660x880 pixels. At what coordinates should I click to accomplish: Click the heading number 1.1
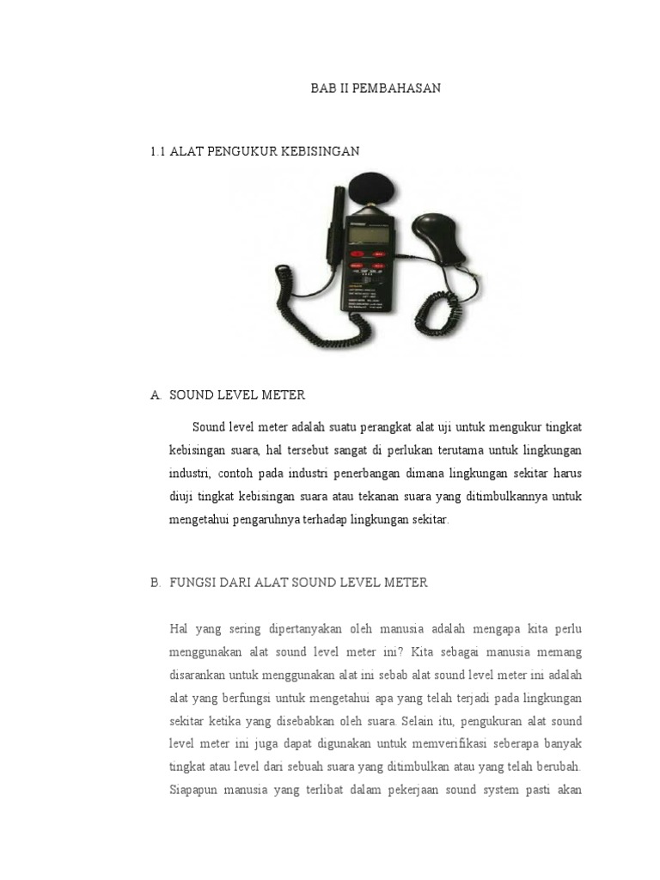tap(157, 151)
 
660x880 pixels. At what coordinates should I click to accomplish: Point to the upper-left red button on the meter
tap(355, 254)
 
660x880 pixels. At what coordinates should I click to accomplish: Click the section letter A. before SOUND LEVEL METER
tap(156, 395)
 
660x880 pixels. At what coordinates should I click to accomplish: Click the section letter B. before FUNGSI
tap(156, 583)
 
